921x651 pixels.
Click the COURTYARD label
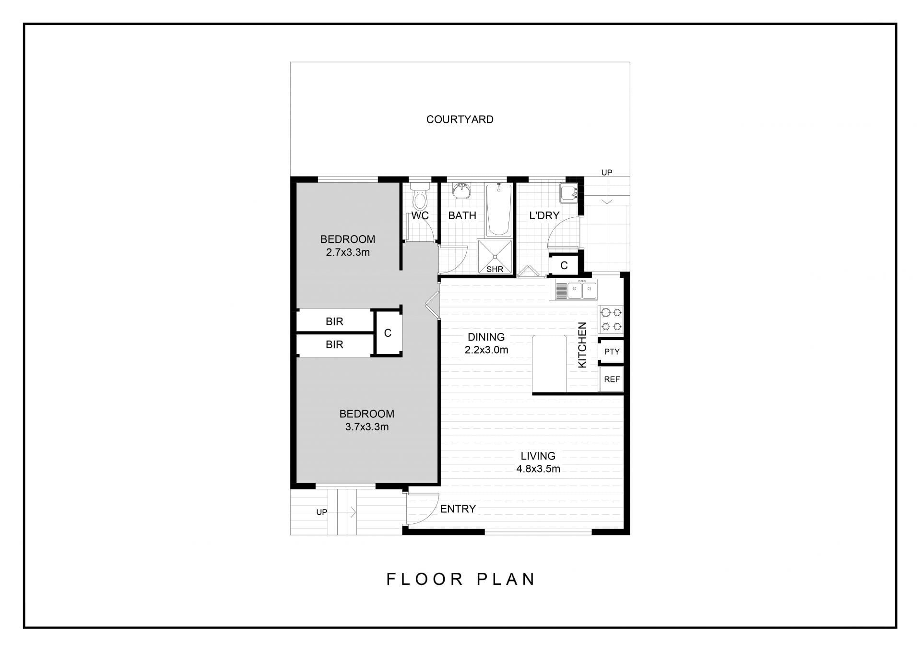(x=460, y=119)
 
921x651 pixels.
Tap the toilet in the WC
(x=420, y=196)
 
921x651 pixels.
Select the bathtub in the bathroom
(x=499, y=210)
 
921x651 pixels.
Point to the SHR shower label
(x=495, y=269)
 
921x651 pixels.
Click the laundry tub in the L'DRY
(x=568, y=193)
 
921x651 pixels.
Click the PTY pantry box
(x=612, y=352)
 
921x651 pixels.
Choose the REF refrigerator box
(x=612, y=379)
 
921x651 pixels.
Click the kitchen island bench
(x=549, y=364)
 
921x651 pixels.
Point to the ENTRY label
(x=458, y=509)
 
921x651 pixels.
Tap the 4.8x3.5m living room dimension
(x=538, y=469)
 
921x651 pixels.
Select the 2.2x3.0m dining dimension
(x=486, y=350)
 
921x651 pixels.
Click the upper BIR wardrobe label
(x=334, y=321)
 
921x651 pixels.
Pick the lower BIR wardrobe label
(x=334, y=344)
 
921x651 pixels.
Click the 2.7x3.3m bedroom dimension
(x=348, y=252)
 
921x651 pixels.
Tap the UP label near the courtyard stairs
(x=607, y=173)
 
